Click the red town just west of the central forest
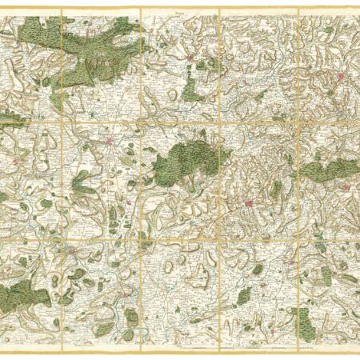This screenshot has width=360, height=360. tap(110, 142)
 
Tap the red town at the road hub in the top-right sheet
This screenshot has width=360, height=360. tap(339, 77)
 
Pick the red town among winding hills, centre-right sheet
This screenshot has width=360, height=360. tap(249, 203)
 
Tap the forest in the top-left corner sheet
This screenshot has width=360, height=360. tap(36, 30)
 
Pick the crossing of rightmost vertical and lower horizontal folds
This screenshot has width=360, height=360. tap(298, 238)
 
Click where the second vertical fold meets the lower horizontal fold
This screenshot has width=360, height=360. tap(140, 238)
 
